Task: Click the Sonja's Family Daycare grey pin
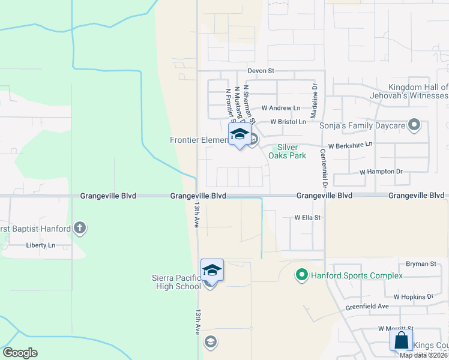(x=414, y=125)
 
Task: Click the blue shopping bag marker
(x=401, y=340)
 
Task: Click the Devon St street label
(x=261, y=71)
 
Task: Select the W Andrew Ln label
(x=281, y=109)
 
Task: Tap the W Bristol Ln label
(x=288, y=122)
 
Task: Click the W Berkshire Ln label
(x=350, y=145)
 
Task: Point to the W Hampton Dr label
(x=381, y=172)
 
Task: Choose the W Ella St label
(x=307, y=218)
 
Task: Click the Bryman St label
(x=421, y=264)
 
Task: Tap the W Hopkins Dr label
(x=413, y=297)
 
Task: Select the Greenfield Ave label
(x=367, y=307)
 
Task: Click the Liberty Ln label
(x=40, y=245)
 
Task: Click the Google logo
(x=20, y=353)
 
